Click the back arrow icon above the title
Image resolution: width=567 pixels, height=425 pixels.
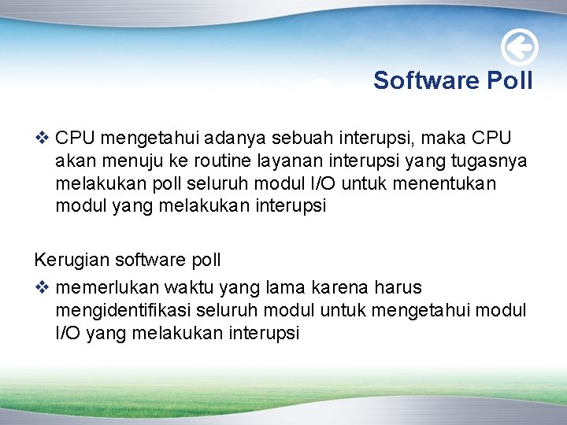(x=520, y=49)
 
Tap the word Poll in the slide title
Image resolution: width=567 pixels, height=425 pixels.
(x=509, y=80)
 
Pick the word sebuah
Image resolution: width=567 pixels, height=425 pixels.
(x=302, y=139)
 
